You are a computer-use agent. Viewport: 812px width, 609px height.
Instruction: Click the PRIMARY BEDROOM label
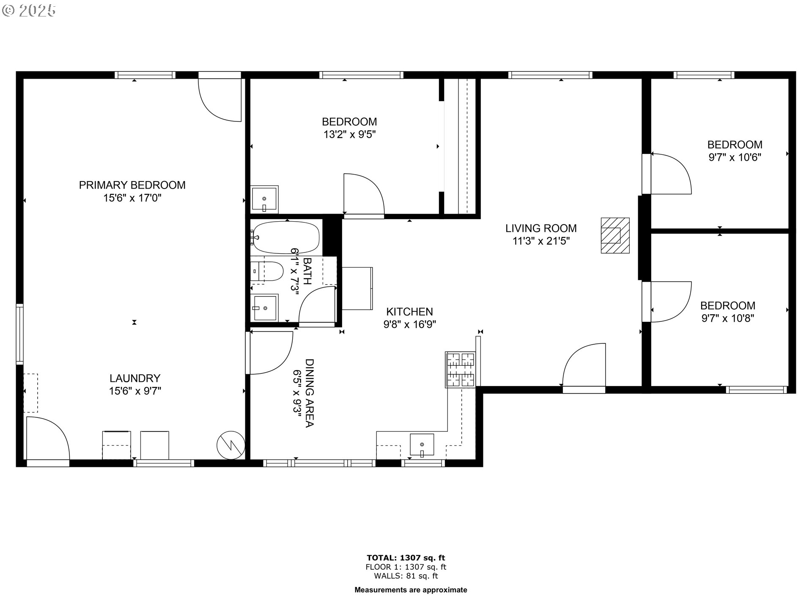pos(132,185)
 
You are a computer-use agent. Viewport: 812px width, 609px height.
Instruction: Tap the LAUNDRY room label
pos(135,378)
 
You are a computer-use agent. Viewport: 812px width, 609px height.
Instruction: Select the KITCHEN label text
pos(409,312)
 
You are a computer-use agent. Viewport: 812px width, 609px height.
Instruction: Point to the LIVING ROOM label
pos(541,228)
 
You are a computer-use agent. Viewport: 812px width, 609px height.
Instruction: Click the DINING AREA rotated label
pos(309,393)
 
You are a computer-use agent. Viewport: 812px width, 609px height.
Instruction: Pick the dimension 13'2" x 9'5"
pos(349,134)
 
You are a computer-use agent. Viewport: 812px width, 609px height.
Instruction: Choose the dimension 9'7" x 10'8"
pos(727,318)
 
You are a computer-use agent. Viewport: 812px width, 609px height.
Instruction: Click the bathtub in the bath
pos(285,238)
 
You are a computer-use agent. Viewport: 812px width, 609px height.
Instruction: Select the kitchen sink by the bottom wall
pos(422,445)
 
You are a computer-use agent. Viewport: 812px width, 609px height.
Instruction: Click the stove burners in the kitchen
pos(461,370)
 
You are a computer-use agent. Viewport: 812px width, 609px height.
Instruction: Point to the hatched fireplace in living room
pos(615,236)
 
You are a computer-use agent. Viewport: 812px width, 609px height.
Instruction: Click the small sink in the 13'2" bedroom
pos(264,199)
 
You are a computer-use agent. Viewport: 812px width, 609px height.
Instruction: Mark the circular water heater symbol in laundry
pos(231,445)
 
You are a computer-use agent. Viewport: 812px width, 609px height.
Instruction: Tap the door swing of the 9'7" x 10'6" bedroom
pos(671,174)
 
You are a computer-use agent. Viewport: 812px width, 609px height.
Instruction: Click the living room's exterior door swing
pos(584,365)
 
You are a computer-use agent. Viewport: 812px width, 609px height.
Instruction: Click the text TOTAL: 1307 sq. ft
pos(406,558)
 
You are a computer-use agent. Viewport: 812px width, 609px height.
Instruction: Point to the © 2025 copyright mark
pos(29,11)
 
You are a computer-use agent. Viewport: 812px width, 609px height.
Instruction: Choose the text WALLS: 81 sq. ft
pos(406,576)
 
